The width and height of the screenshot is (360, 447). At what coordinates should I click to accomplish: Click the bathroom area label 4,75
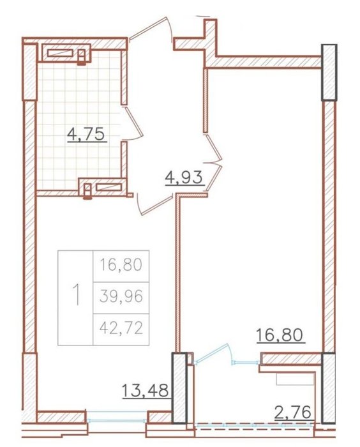(87, 135)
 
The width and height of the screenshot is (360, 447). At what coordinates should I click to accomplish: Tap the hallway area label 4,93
(184, 178)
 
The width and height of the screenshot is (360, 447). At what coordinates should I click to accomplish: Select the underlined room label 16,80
(280, 335)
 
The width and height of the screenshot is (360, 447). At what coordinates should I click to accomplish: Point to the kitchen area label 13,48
(146, 391)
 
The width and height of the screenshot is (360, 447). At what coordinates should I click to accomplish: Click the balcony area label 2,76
(293, 413)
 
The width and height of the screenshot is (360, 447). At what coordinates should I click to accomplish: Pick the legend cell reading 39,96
(121, 297)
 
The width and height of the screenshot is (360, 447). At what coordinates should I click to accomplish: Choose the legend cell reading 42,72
(121, 329)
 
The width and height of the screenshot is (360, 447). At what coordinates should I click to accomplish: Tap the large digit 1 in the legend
(76, 295)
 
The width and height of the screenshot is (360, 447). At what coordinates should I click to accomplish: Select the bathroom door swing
(134, 123)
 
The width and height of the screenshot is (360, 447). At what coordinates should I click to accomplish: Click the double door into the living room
(214, 163)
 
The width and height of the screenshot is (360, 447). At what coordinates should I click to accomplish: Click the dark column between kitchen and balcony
(179, 388)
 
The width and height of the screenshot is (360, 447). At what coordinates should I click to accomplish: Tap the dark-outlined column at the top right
(329, 73)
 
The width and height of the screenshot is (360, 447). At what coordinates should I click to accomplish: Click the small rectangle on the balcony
(295, 380)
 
